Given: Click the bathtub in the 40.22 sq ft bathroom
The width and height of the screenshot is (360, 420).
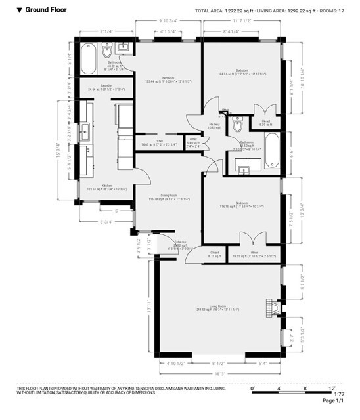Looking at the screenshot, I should click(89, 58).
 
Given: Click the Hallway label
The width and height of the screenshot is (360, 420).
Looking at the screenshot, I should click(214, 125).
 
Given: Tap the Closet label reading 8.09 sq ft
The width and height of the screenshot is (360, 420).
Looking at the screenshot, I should click(265, 123).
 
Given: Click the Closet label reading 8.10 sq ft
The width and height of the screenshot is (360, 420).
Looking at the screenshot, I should click(215, 254).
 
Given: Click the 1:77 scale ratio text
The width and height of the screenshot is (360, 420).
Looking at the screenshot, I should click(339, 394).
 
